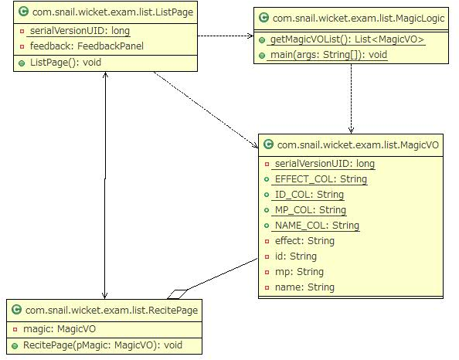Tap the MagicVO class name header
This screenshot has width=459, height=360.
coord(358,144)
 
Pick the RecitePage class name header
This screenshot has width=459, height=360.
coord(111,310)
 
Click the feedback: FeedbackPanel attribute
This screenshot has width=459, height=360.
coord(86,46)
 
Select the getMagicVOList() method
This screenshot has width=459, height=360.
coord(337,39)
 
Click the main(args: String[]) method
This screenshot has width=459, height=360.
coord(328,55)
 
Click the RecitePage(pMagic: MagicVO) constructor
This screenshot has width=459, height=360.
coord(102,344)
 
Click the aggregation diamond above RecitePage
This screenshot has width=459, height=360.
coord(177,294)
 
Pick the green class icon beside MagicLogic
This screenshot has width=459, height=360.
coord(264,18)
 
